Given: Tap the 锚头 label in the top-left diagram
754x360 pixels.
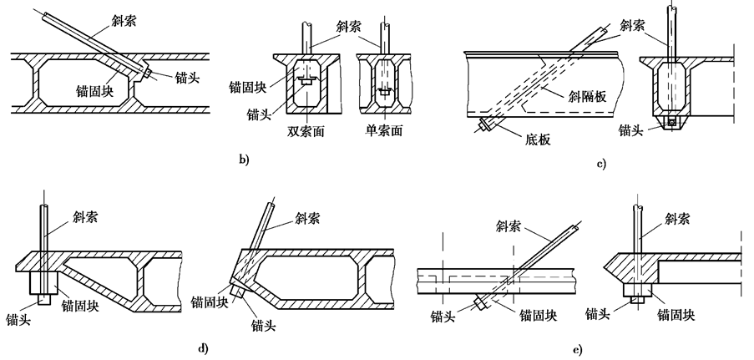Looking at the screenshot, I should [x=187, y=78].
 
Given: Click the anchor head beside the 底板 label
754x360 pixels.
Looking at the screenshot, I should [x=485, y=128].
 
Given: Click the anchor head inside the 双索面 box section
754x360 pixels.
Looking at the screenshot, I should [x=306, y=81].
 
